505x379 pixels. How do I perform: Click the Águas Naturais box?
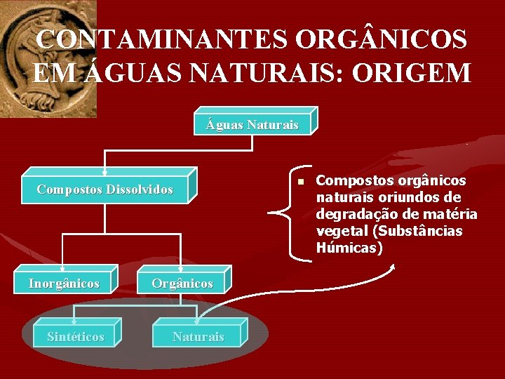click(x=252, y=125)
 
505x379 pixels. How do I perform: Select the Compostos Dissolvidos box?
click(x=105, y=189)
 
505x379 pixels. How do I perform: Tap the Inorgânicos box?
click(x=64, y=284)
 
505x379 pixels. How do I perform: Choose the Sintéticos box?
click(x=75, y=337)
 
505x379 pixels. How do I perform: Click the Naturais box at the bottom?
click(x=198, y=337)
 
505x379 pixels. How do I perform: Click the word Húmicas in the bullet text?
click(x=349, y=248)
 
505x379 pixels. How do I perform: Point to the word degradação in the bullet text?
click(x=360, y=214)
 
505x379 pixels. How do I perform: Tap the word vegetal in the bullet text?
click(x=340, y=231)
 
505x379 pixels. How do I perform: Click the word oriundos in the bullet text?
click(x=408, y=197)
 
